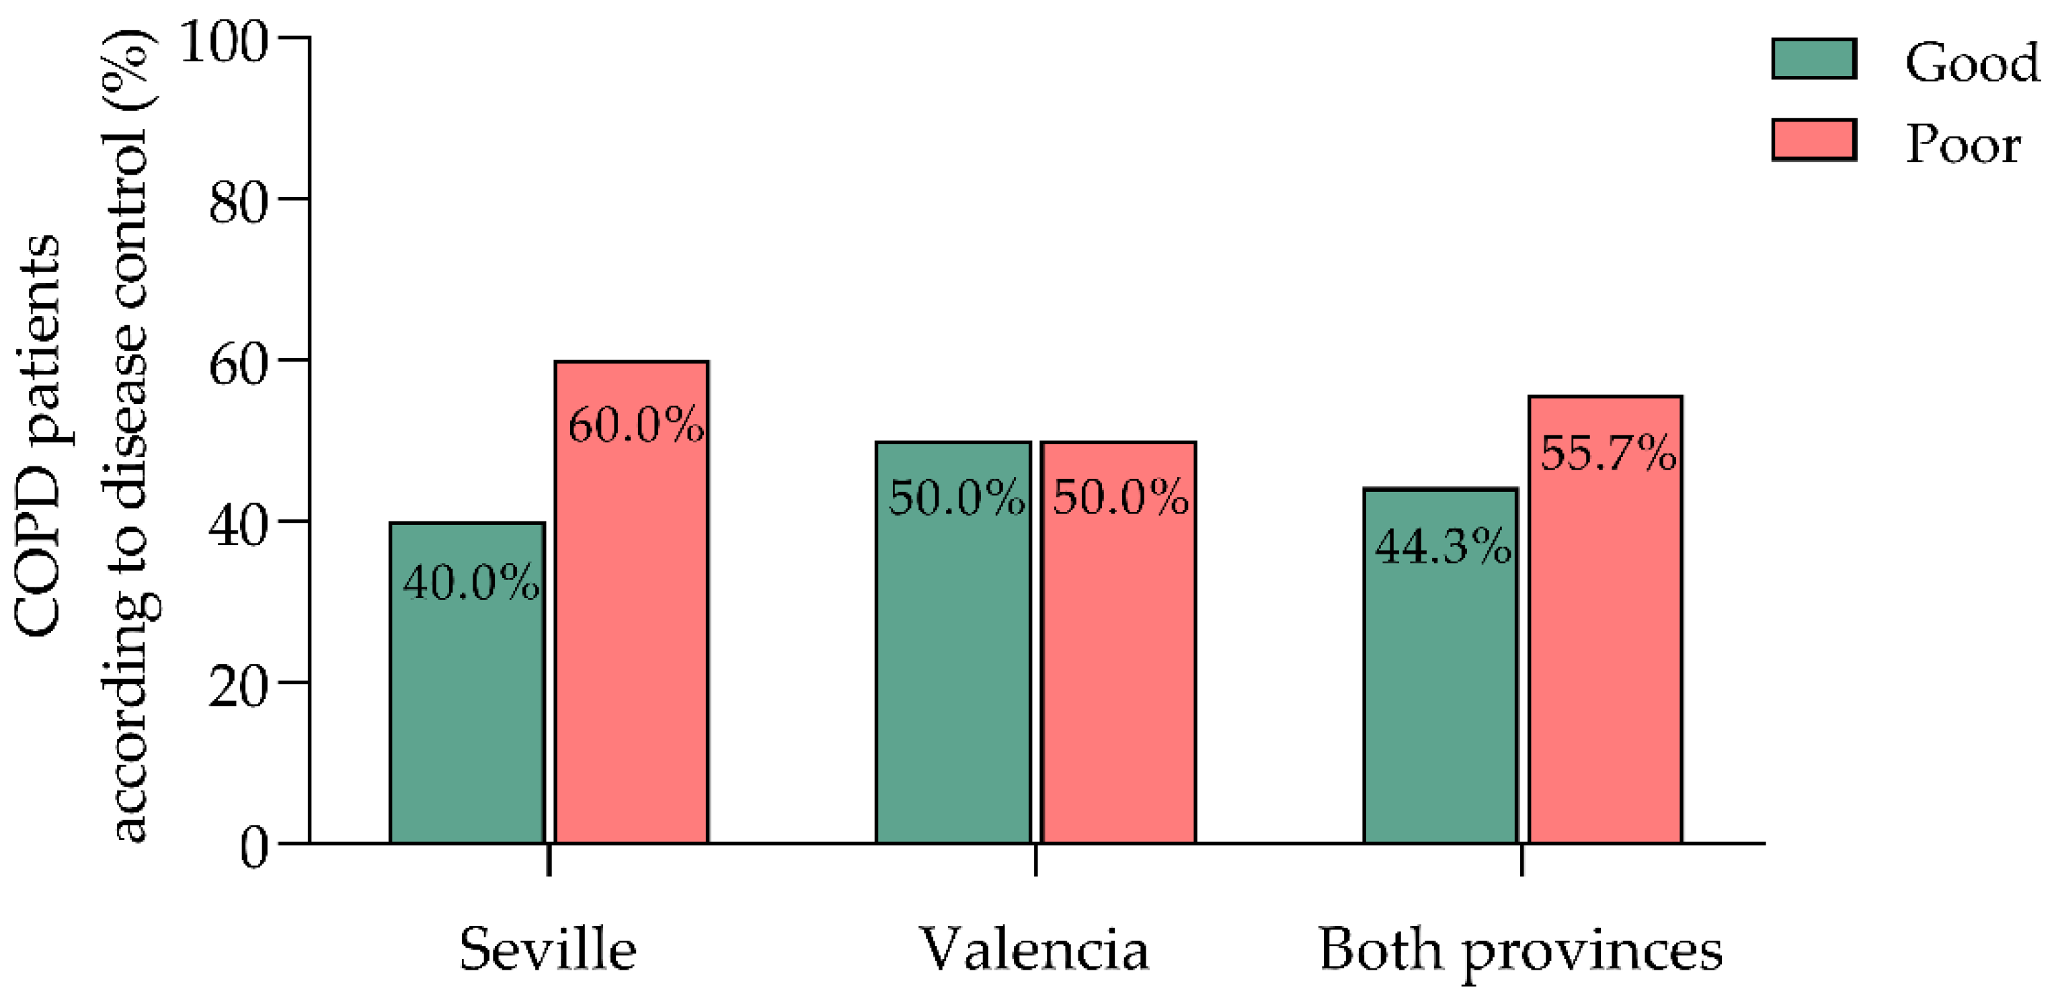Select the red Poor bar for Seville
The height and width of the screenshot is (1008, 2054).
(631, 638)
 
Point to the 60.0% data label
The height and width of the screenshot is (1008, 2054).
(635, 425)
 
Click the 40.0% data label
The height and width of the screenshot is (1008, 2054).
(471, 583)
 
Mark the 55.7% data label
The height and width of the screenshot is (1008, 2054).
(1608, 454)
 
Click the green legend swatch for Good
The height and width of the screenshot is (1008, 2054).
(1814, 59)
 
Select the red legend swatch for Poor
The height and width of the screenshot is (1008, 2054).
(1814, 140)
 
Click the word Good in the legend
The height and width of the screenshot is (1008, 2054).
(1972, 63)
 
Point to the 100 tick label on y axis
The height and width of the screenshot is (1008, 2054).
(223, 42)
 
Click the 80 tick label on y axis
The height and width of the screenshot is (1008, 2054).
(237, 203)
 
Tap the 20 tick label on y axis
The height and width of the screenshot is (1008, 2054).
(237, 687)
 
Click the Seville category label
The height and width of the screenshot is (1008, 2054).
(548, 950)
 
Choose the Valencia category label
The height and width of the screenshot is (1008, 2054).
(1034, 950)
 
